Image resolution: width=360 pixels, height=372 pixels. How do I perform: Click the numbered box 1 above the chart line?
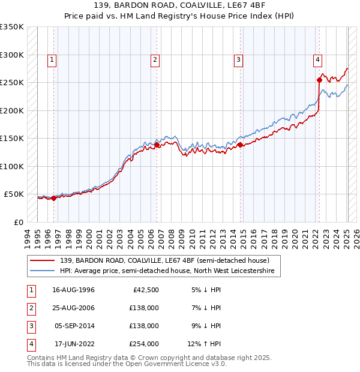pyautogui.click(x=53, y=59)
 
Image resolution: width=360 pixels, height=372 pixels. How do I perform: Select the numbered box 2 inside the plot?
pyautogui.click(x=155, y=59)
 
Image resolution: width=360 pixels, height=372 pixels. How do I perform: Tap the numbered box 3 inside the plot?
pyautogui.click(x=238, y=59)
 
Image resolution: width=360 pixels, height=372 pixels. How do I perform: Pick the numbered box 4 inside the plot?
pyautogui.click(x=317, y=59)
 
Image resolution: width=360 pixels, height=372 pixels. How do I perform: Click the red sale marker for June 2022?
pyautogui.click(x=319, y=79)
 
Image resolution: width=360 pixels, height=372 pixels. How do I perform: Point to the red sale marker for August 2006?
pyautogui.click(x=157, y=145)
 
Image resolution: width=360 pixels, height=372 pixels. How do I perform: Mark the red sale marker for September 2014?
pyautogui.click(x=240, y=145)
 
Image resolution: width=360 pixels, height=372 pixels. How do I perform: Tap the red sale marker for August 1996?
pyautogui.click(x=53, y=198)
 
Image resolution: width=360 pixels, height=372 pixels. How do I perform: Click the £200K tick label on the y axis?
pyautogui.click(x=12, y=110)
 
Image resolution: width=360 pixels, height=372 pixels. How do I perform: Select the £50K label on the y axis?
pyautogui.click(x=14, y=194)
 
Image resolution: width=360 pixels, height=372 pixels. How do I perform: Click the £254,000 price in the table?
pyautogui.click(x=144, y=344)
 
